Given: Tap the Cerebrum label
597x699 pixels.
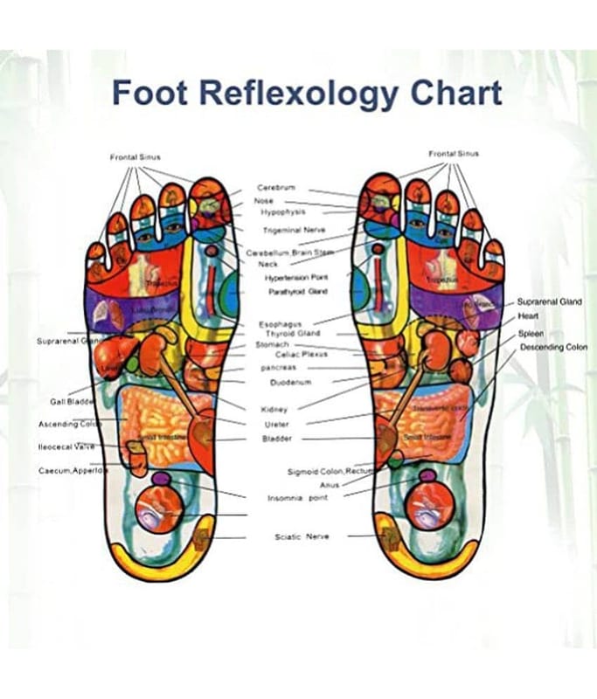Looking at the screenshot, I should click(x=275, y=188).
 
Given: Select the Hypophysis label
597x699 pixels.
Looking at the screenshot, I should click(x=281, y=211).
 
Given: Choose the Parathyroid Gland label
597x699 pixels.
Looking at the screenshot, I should click(x=297, y=291).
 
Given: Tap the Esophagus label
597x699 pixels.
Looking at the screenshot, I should click(x=280, y=324).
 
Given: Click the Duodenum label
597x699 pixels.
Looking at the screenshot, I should click(x=281, y=382).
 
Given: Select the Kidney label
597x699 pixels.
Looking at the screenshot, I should click(x=274, y=409).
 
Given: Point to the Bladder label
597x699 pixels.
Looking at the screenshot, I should click(x=277, y=439).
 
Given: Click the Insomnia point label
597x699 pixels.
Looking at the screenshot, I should click(x=297, y=498).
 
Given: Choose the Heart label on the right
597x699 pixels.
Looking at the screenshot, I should click(x=529, y=316).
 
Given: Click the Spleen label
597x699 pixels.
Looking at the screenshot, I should click(x=531, y=333).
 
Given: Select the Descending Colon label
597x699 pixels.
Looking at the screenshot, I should click(x=554, y=347).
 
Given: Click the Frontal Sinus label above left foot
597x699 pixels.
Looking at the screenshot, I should click(x=135, y=157).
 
